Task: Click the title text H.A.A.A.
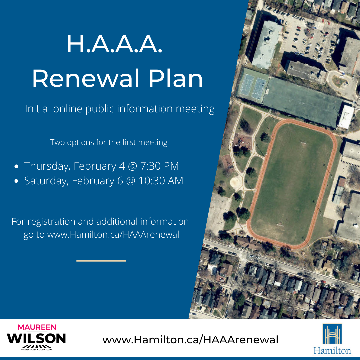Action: click(x=114, y=44)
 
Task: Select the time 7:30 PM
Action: click(x=160, y=166)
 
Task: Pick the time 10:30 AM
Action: click(x=161, y=181)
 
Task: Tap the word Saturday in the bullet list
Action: click(x=47, y=181)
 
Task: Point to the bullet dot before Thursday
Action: click(x=16, y=166)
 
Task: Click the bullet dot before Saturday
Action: click(x=16, y=181)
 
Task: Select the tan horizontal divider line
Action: click(x=101, y=261)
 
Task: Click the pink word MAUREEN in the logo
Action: click(x=37, y=327)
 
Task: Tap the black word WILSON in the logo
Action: click(x=36, y=338)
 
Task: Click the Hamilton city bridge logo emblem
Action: click(x=332, y=334)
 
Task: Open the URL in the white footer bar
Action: click(x=190, y=340)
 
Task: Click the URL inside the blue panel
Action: click(x=113, y=235)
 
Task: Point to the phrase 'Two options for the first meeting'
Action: click(x=109, y=142)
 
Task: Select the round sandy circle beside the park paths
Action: click(x=235, y=182)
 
